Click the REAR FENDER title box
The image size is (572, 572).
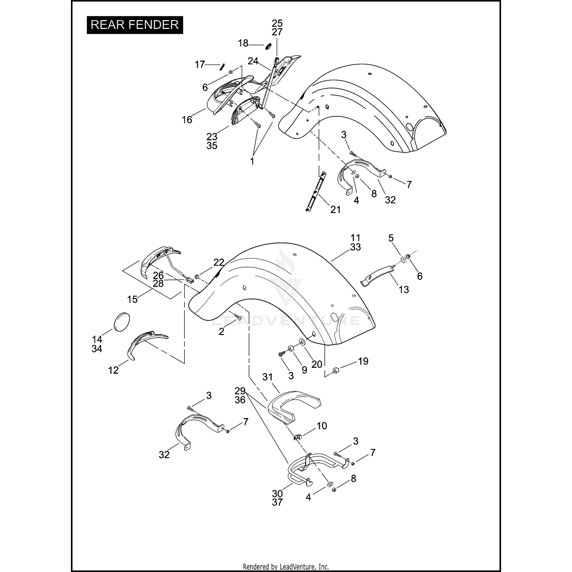[x=135, y=25]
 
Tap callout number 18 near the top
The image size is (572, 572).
[x=243, y=43]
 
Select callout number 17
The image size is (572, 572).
[x=200, y=64]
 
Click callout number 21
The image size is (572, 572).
[x=336, y=209]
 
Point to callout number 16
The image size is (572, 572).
[x=187, y=119]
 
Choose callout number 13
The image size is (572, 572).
[x=403, y=289]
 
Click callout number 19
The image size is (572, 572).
[x=363, y=361]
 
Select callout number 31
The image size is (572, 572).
[x=268, y=377]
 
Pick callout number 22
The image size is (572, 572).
[x=219, y=262]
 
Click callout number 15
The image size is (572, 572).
[x=132, y=299]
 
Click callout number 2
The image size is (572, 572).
[x=222, y=331]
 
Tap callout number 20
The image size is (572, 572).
[x=317, y=364]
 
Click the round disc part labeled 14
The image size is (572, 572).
[x=122, y=320]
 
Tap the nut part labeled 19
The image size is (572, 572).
[x=336, y=369]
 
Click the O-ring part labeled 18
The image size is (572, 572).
[x=268, y=46]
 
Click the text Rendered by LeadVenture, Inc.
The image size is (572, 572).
[x=286, y=567]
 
